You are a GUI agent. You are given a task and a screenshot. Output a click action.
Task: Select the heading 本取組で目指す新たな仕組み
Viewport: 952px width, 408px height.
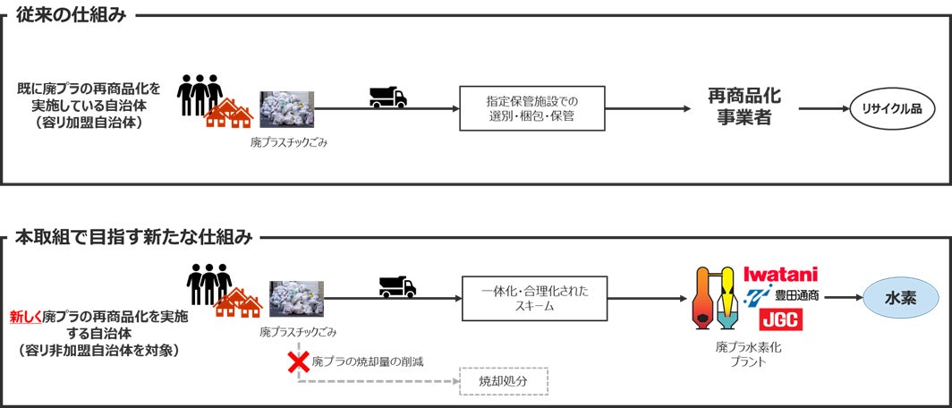134,238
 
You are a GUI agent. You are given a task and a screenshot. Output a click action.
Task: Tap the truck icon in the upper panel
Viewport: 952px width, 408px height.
388,98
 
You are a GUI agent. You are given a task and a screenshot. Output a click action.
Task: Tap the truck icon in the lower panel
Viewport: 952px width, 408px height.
397,286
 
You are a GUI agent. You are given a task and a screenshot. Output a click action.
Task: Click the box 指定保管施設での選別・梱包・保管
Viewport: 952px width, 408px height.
531,108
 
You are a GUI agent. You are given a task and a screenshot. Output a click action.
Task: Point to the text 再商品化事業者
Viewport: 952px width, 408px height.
739,106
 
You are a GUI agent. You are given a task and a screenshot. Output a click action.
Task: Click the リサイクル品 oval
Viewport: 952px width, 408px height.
892,107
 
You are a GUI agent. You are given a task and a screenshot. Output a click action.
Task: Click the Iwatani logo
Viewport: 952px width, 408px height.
780,275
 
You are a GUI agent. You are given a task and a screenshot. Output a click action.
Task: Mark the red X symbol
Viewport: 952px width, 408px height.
296,362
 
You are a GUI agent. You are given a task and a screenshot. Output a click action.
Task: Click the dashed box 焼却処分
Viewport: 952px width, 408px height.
503,381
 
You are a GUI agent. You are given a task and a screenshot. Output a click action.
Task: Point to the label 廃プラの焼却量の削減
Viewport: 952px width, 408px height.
367,362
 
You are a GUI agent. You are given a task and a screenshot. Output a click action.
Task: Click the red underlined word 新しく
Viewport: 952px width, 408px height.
25,316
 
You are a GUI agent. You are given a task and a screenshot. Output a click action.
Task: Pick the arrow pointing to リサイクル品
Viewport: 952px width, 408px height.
820,108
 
